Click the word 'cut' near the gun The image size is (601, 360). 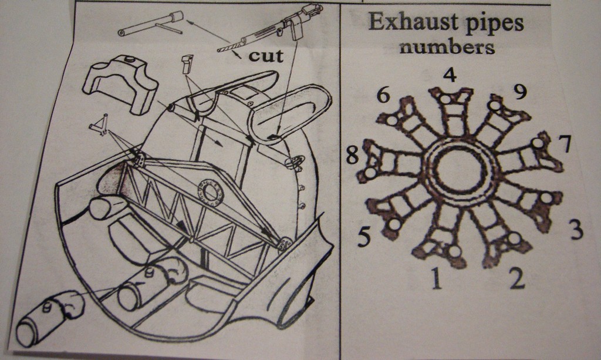tap(265, 56)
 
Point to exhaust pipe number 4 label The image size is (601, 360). tap(450, 76)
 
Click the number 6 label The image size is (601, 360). tap(384, 95)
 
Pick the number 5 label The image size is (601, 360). tap(364, 237)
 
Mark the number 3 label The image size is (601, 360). tap(576, 230)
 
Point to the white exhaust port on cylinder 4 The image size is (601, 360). tap(446, 99)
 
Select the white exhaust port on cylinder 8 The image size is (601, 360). tap(370, 173)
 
